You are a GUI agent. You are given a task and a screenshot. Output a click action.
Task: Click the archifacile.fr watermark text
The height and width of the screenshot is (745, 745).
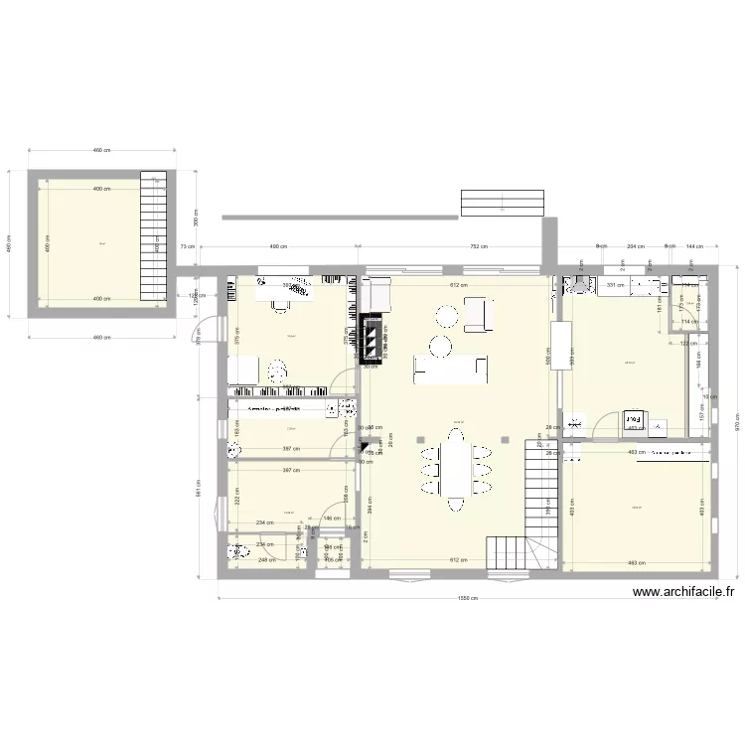pos(683,593)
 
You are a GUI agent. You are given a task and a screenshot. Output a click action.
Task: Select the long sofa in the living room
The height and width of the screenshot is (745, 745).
pos(453,372)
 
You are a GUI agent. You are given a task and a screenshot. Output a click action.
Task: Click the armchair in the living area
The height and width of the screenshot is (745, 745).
pos(477,314)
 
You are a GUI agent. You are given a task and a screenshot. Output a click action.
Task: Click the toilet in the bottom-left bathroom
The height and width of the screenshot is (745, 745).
pos(238,552)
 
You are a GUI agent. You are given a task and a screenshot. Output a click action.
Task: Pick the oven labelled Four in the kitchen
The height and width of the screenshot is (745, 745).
pos(633,421)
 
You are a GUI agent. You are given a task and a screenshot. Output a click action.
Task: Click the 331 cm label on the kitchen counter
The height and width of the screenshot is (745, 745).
pos(615,286)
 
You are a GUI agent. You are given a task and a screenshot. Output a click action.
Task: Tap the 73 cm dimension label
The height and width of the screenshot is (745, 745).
pos(186,246)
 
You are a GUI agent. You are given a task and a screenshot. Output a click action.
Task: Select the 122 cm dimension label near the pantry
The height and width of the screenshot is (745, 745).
pos(684,343)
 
